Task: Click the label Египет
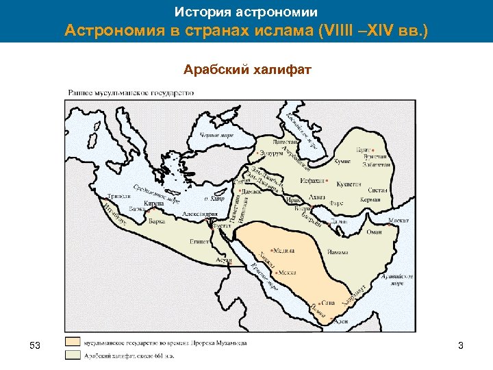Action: tap(199, 241)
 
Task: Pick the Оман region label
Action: tap(374, 232)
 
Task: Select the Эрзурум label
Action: tap(268, 153)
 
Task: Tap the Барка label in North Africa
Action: tap(157, 221)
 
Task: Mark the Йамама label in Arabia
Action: tap(339, 251)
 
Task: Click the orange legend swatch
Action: tap(73, 342)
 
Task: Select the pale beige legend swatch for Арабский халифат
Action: tap(73, 355)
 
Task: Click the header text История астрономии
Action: tap(246, 12)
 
